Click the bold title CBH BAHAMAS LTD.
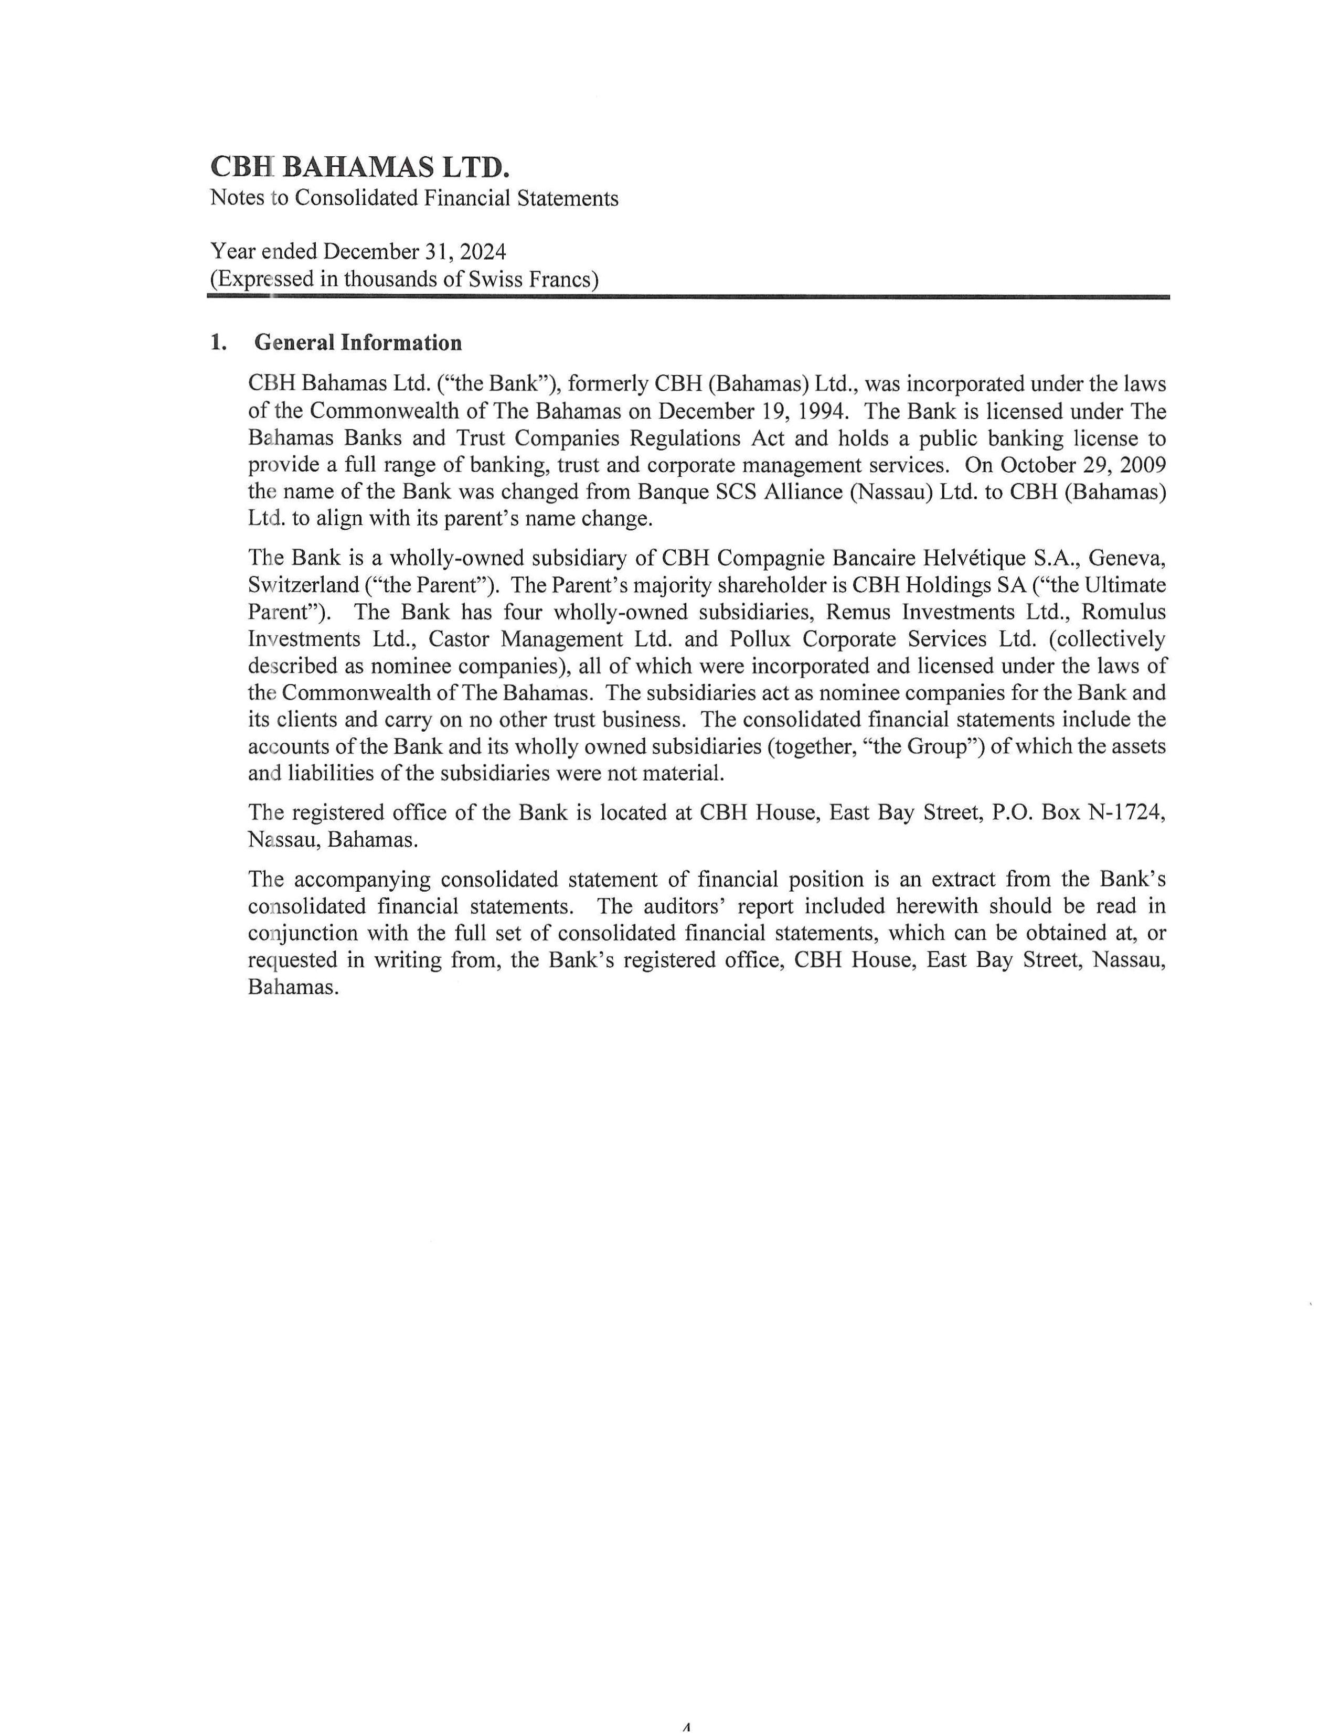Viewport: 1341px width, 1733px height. click(x=359, y=167)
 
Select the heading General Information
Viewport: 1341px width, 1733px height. click(x=358, y=343)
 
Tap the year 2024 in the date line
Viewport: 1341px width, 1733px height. click(x=483, y=252)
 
